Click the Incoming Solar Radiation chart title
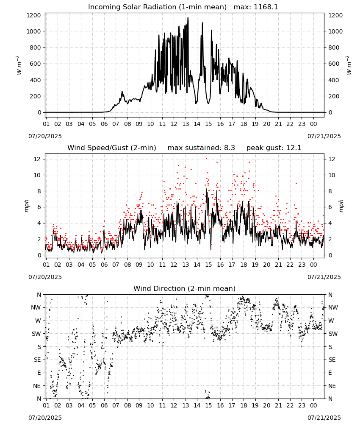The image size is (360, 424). click(x=157, y=7)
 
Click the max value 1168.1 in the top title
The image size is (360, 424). click(x=266, y=7)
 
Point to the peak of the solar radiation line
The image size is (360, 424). click(x=188, y=18)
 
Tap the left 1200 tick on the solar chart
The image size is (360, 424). click(x=34, y=15)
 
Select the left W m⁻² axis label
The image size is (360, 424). click(x=19, y=65)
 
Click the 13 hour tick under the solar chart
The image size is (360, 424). click(x=186, y=124)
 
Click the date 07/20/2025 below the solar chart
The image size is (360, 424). click(x=45, y=136)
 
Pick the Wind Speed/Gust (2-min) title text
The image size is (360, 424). click(x=112, y=148)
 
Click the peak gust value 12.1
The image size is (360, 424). click(x=295, y=148)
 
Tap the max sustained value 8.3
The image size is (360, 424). click(x=230, y=148)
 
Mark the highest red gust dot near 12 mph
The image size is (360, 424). click(x=206, y=159)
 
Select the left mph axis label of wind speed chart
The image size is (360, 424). click(x=26, y=206)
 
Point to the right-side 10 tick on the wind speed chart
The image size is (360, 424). click(x=332, y=175)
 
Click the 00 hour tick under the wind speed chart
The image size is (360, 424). click(x=313, y=265)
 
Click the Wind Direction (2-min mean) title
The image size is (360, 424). click(x=185, y=288)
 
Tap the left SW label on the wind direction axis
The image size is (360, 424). click(x=36, y=334)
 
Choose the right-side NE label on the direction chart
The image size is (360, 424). click(x=332, y=386)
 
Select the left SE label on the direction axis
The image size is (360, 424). click(x=37, y=360)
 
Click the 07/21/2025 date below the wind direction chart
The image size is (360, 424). click(x=324, y=418)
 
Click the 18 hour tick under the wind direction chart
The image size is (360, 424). click(x=244, y=405)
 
